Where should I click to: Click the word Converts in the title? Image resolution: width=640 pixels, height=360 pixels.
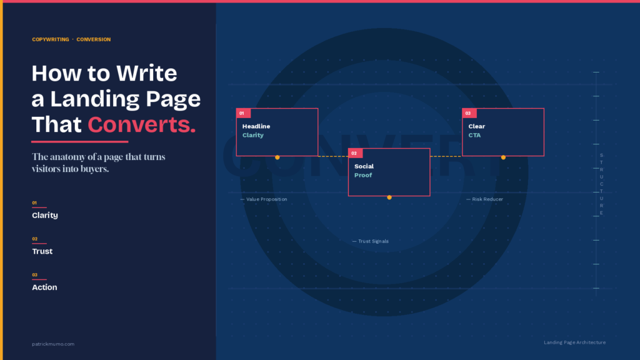click(141, 124)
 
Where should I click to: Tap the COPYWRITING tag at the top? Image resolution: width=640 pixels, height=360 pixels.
click(51, 39)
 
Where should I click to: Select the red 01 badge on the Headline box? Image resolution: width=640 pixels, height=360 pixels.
click(243, 113)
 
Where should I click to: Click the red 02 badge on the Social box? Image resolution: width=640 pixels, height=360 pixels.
click(355, 153)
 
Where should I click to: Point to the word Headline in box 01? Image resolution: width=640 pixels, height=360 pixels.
click(256, 126)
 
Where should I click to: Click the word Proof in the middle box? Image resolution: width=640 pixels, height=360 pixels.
click(363, 175)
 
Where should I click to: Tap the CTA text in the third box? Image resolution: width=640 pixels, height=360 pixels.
click(474, 135)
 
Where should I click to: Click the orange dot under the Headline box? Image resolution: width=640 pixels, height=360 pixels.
click(277, 157)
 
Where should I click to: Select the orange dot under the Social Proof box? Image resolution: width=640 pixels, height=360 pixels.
click(389, 197)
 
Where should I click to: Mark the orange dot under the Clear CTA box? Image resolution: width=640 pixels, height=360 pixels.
click(503, 157)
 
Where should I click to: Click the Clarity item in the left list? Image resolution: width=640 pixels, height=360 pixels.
click(45, 215)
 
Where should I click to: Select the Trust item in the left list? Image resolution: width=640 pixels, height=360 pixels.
click(42, 251)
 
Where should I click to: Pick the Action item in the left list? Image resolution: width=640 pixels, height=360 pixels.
click(44, 287)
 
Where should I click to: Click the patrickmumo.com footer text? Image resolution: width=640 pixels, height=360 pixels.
click(53, 344)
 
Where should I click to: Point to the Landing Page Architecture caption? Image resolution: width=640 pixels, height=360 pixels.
click(574, 342)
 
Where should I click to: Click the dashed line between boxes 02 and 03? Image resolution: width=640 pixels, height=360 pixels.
click(446, 156)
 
